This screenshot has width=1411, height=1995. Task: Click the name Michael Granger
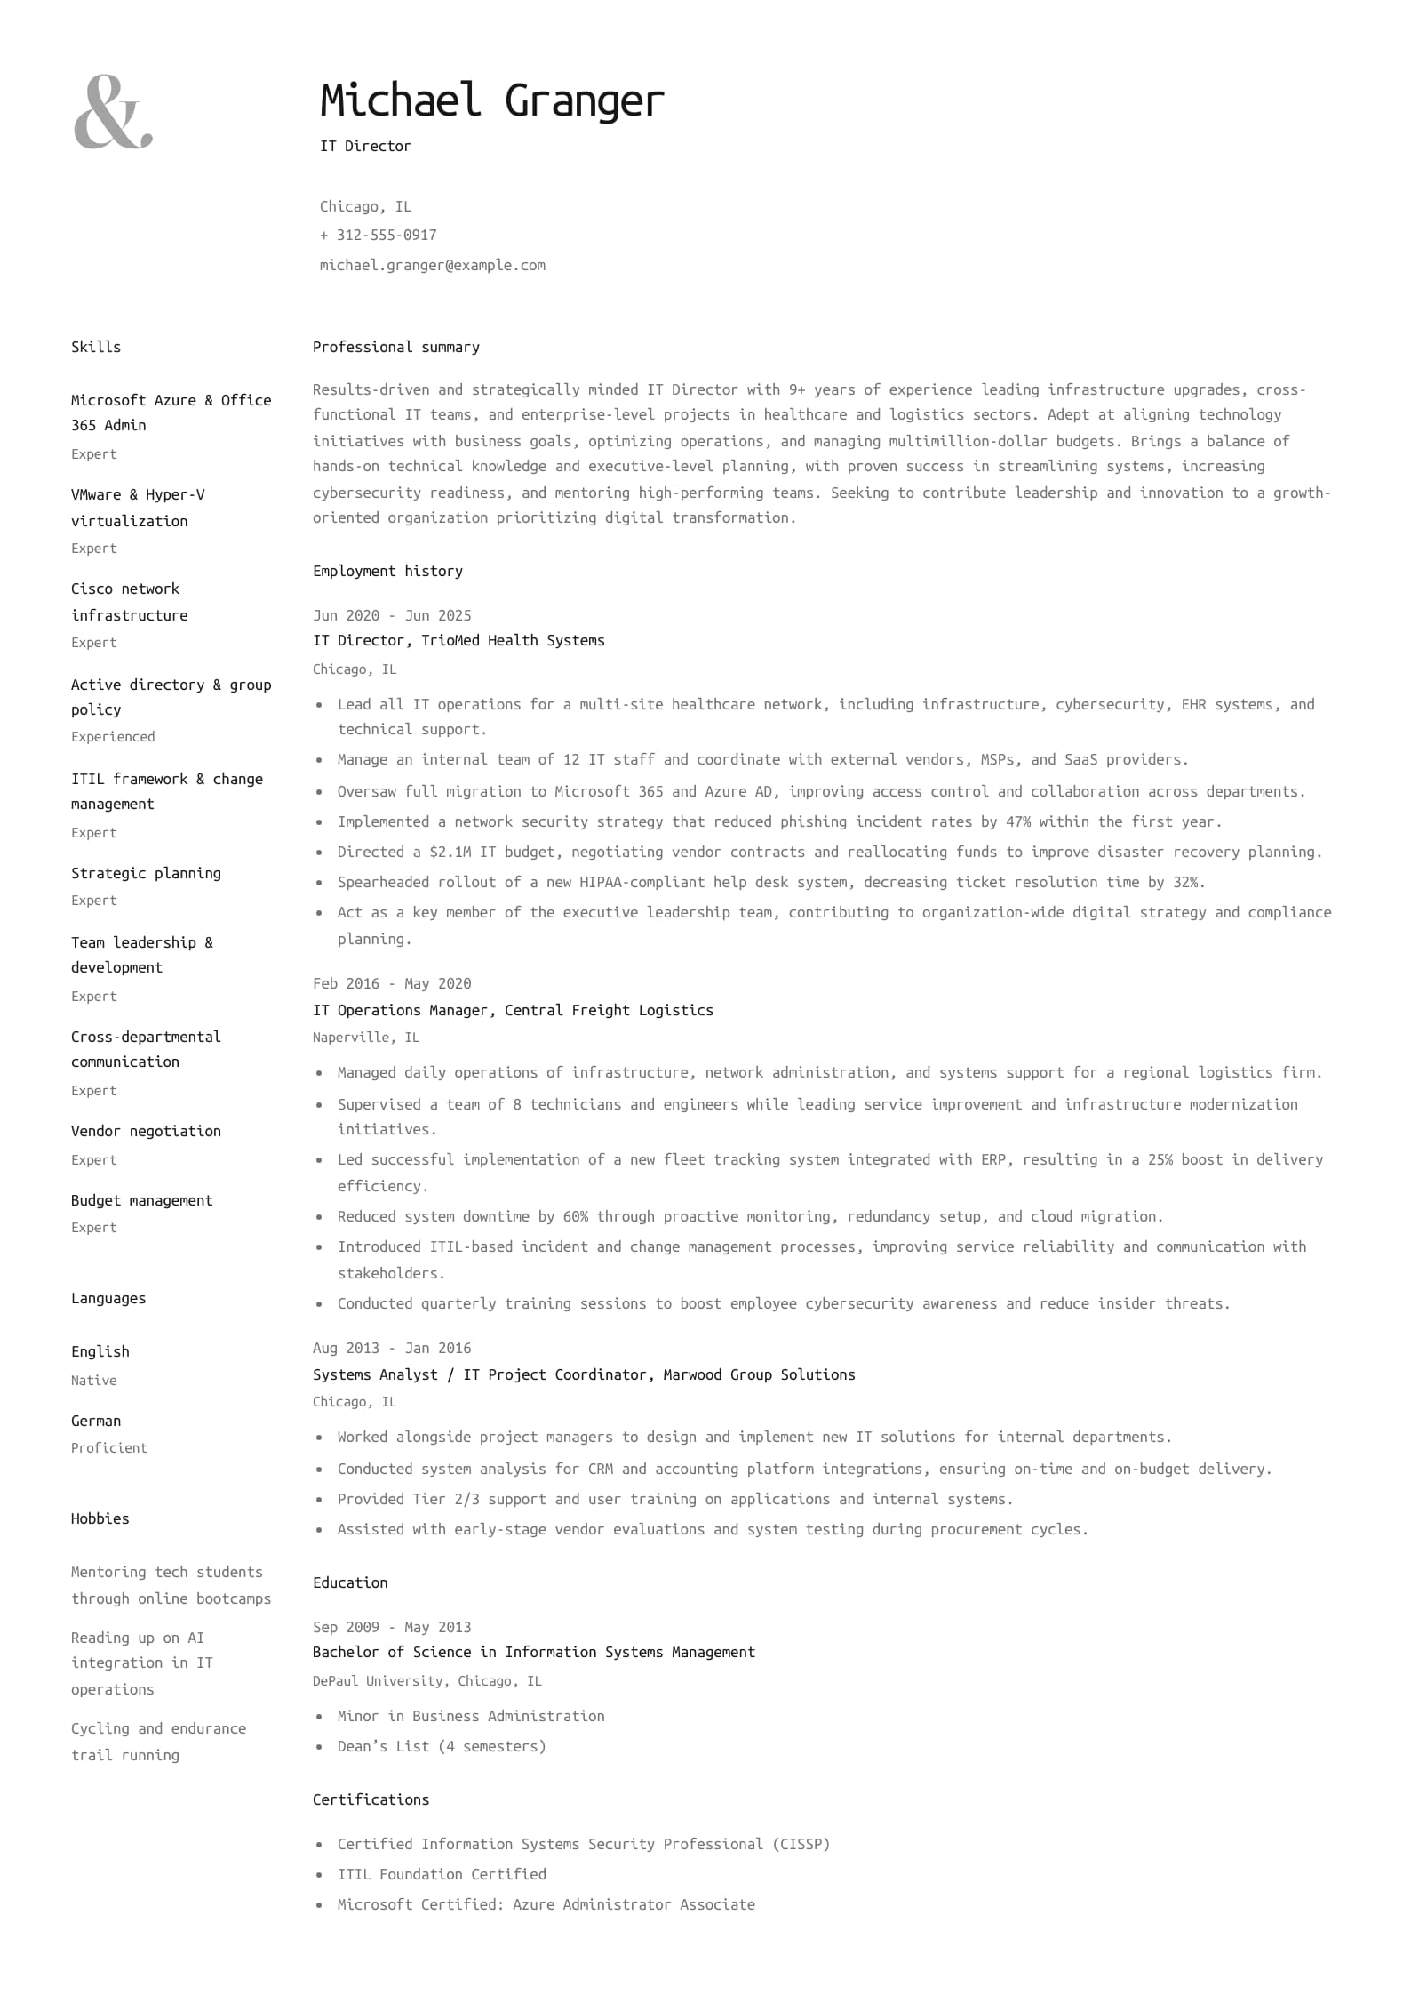pyautogui.click(x=491, y=100)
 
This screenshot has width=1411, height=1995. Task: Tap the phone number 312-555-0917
pyautogui.click(x=386, y=235)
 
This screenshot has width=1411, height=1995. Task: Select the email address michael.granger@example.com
pyautogui.click(x=432, y=265)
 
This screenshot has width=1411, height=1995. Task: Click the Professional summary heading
pyautogui.click(x=395, y=347)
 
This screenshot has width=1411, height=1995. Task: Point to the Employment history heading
pyautogui.click(x=387, y=571)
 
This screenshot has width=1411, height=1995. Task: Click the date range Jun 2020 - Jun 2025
pyautogui.click(x=392, y=615)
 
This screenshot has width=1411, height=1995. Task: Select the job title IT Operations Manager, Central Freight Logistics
pyautogui.click(x=513, y=1010)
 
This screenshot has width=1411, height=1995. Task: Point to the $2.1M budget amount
pyautogui.click(x=450, y=852)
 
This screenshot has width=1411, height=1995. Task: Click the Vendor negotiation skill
pyautogui.click(x=146, y=1131)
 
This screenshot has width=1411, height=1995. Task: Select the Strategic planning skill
pyautogui.click(x=146, y=873)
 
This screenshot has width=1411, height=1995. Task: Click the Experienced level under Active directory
pyautogui.click(x=113, y=736)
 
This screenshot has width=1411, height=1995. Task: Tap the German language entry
pyautogui.click(x=96, y=1421)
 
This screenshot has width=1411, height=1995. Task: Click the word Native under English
pyautogui.click(x=93, y=1380)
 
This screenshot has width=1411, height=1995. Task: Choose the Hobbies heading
pyautogui.click(x=100, y=1518)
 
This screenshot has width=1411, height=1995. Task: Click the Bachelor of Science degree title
pyautogui.click(x=533, y=1652)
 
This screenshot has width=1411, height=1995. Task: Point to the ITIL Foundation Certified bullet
pyautogui.click(x=442, y=1874)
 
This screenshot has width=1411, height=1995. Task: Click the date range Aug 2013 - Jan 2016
pyautogui.click(x=392, y=1348)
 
